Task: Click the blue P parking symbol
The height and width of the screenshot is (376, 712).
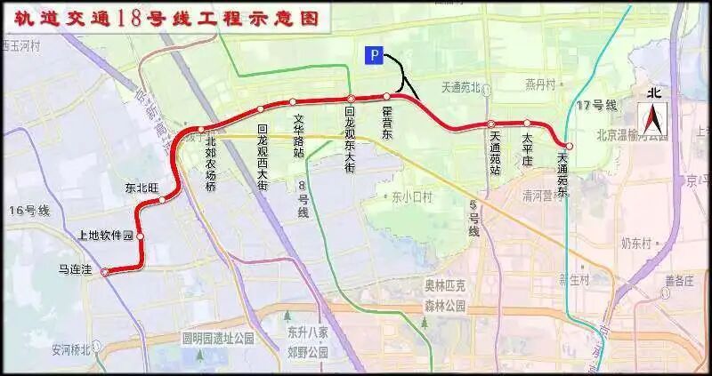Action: pos(375,56)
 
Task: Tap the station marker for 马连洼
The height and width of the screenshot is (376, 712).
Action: pos(104,273)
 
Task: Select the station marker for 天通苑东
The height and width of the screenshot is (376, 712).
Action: pos(569,146)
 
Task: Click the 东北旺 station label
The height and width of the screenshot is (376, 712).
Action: pos(142,188)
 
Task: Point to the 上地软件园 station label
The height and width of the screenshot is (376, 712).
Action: pos(105,236)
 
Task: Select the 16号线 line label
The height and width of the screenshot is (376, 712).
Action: pos(29,211)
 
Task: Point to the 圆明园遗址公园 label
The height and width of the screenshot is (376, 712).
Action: pos(218,338)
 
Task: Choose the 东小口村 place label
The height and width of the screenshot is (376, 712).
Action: pos(411,197)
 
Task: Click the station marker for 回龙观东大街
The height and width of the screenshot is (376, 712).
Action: pos(352,99)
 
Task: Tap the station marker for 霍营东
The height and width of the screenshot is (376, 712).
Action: pos(387,96)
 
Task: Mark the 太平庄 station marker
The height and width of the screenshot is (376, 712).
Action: pos(527,124)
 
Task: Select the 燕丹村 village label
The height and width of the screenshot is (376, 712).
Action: pos(539,85)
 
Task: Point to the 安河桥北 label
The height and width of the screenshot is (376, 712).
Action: pos(72,349)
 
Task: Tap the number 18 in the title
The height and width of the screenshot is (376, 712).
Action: pos(126,19)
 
